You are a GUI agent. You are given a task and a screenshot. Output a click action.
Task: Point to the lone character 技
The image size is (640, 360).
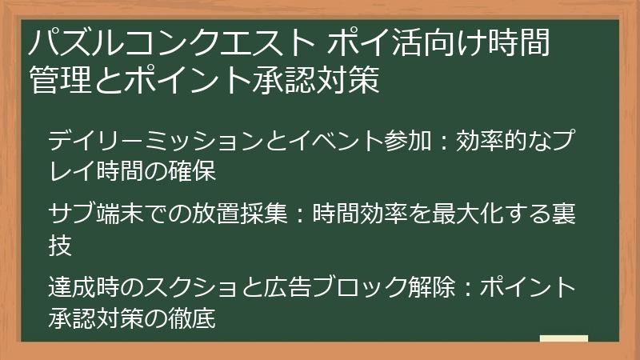click(61, 244)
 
